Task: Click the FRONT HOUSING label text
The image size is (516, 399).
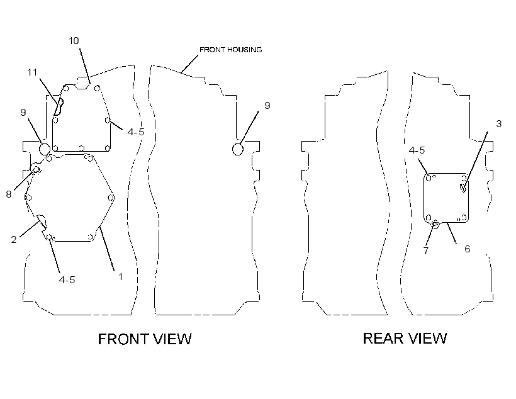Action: pos(231,50)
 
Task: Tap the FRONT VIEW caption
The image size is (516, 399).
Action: pos(145,339)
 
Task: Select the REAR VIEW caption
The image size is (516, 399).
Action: pos(405,338)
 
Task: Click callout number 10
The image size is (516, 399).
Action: pos(74,40)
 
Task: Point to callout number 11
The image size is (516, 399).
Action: pos(32,72)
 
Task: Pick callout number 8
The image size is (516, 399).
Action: pos(9,194)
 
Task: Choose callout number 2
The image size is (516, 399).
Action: pos(13,239)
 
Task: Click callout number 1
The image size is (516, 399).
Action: pos(120,276)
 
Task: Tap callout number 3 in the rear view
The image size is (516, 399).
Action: pos(499,124)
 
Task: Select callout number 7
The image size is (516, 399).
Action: pos(426,250)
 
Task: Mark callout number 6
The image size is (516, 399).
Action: pos(468,249)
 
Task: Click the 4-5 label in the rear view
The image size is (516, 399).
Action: pos(417,150)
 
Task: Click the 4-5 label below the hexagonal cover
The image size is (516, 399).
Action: pos(67,280)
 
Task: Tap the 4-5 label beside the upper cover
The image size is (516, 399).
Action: pos(136,132)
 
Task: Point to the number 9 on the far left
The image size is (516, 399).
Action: pos(23,112)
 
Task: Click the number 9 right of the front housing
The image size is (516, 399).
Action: pos(267,105)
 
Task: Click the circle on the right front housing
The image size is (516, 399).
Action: pos(238,149)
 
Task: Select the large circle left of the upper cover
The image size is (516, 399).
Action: pos(45,149)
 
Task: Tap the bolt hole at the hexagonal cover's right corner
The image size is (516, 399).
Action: pos(111,198)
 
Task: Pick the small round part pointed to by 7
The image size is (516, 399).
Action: pos(435,225)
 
